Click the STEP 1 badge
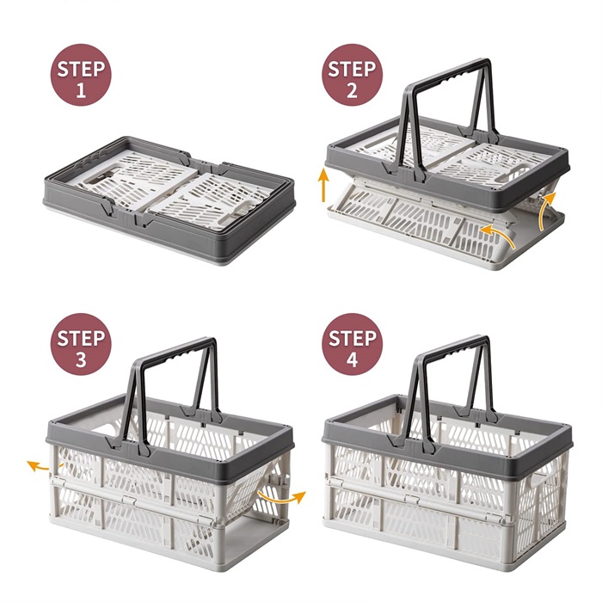click(x=81, y=75)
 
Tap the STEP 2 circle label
click(x=352, y=75)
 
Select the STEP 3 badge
click(x=81, y=344)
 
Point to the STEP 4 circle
click(x=352, y=344)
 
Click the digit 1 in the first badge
click(x=81, y=90)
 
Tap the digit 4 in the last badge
click(x=352, y=360)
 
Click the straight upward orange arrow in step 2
click(x=324, y=185)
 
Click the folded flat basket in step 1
click(x=169, y=200)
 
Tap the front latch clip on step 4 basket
click(x=412, y=500)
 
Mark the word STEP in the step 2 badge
click(x=352, y=69)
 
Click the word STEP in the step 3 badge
click(x=81, y=338)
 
